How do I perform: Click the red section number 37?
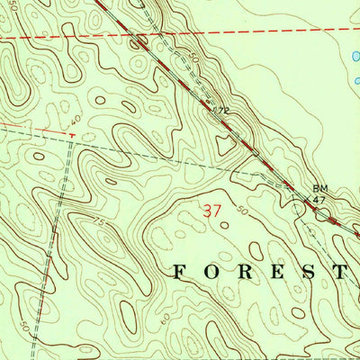coord(213,212)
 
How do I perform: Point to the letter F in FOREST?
coord(179,271)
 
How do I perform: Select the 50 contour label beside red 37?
coord(242,211)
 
